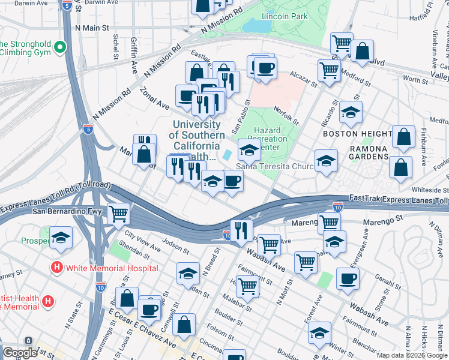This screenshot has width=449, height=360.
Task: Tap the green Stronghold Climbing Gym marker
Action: pyautogui.click(x=59, y=46)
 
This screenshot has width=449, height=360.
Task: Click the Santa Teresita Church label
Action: pyautogui.click(x=275, y=166)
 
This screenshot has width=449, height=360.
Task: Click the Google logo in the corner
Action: pyautogui.click(x=19, y=353)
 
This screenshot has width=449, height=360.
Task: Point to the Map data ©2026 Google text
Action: pyautogui.click(x=411, y=355)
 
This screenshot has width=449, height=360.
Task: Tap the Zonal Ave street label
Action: pyautogui.click(x=155, y=96)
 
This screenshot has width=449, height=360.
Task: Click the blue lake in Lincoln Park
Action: pyautogui.click(x=256, y=26)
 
